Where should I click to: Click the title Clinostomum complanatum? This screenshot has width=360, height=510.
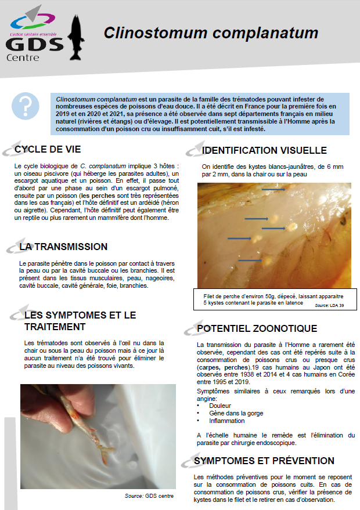tap(211, 33)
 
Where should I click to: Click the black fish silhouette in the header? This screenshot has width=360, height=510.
tap(75, 38)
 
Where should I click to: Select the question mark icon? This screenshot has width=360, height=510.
tap(25, 106)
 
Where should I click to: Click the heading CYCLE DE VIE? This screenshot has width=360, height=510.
tap(48, 150)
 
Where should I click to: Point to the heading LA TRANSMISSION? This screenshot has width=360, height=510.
tap(63, 247)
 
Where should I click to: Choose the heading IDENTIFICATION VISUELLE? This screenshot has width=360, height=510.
tap(264, 150)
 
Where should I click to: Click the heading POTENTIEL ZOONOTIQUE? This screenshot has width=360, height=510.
tap(257, 329)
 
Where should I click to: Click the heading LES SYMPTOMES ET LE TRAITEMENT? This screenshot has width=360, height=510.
tap(80, 321)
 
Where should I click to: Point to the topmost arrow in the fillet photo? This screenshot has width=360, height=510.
tap(273, 189)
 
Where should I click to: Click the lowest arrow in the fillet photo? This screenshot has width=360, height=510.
tap(250, 261)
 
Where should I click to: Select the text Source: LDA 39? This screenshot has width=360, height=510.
tap(329, 305)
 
